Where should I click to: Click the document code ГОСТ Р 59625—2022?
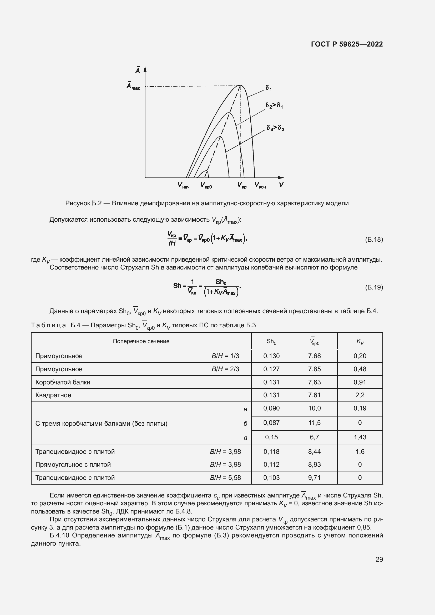(347, 44)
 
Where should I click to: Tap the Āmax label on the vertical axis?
(133, 86)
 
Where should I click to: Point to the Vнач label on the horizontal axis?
(184, 185)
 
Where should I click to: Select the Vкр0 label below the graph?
(206, 185)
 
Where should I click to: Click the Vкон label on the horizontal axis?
(260, 185)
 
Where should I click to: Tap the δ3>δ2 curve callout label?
(275, 128)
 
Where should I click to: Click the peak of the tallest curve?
(240, 85)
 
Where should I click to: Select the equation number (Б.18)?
(374, 239)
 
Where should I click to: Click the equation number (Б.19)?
(374, 287)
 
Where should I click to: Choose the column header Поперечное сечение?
(141, 341)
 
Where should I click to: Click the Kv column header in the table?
(360, 341)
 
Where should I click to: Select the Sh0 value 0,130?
(271, 356)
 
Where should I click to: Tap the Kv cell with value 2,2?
(360, 395)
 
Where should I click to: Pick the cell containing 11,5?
(314, 423)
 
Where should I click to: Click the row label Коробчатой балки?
(63, 382)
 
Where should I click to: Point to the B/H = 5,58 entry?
(225, 477)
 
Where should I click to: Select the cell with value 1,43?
(360, 437)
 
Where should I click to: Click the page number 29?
(379, 559)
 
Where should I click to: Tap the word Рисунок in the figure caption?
(77, 203)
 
